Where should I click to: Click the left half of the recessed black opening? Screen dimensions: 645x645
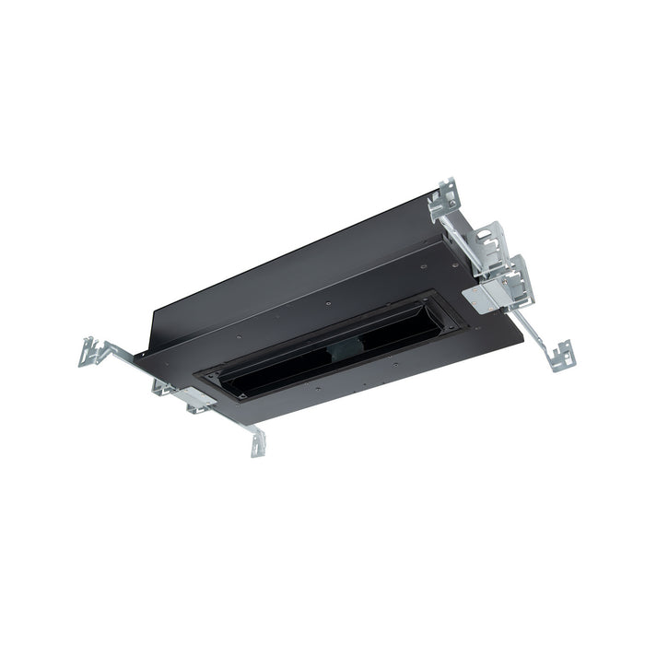click(x=276, y=364)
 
